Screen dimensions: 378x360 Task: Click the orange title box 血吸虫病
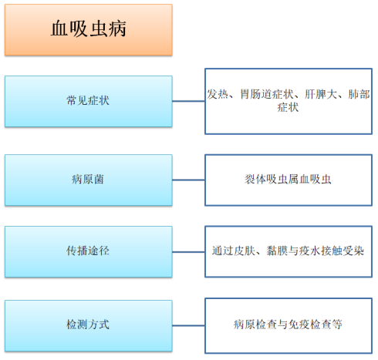point(89,30)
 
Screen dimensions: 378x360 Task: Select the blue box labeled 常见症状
point(89,101)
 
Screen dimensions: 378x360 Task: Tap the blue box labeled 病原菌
point(89,180)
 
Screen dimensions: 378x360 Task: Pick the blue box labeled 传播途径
point(89,251)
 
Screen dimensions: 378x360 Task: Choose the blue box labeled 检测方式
point(89,325)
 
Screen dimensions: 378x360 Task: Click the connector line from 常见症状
point(188,101)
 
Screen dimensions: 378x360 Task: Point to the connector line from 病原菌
point(188,180)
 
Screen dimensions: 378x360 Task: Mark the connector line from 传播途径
point(188,252)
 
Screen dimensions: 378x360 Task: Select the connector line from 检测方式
point(188,325)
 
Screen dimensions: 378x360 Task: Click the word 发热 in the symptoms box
point(218,94)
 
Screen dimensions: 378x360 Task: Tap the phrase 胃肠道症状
point(266,94)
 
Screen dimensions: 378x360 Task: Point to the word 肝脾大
point(321,94)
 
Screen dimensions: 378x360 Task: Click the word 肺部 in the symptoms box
point(359,94)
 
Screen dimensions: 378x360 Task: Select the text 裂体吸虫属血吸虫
point(288,179)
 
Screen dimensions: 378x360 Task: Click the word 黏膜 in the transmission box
point(277,251)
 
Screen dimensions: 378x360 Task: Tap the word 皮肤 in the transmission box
point(245,251)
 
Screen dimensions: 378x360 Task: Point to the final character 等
point(337,325)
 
